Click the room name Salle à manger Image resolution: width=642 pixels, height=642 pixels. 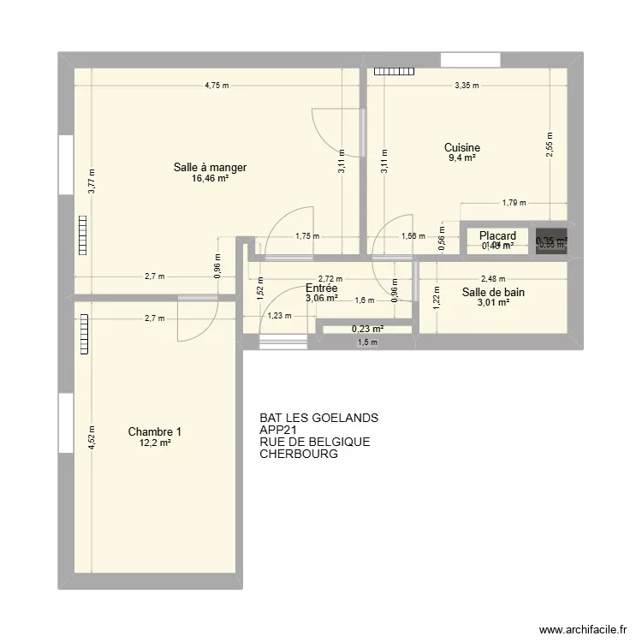click(210, 168)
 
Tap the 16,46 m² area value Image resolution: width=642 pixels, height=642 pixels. click(210, 179)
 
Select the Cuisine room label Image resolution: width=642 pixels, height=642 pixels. click(461, 148)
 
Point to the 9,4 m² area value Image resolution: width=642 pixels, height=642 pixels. click(461, 158)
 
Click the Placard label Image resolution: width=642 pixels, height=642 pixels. click(497, 235)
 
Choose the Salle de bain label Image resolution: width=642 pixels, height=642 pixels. click(493, 292)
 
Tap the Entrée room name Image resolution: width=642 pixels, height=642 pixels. click(321, 289)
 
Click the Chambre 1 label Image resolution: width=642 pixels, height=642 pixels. click(155, 431)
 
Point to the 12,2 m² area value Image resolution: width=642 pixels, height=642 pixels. click(155, 443)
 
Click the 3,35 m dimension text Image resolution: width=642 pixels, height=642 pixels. click(467, 86)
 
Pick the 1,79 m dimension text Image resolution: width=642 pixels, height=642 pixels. click(514, 203)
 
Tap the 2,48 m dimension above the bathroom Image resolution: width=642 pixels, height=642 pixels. click(493, 278)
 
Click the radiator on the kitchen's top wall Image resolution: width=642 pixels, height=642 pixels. click(392, 72)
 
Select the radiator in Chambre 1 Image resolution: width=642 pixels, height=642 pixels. click(85, 334)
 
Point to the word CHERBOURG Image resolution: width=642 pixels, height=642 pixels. click(299, 455)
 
